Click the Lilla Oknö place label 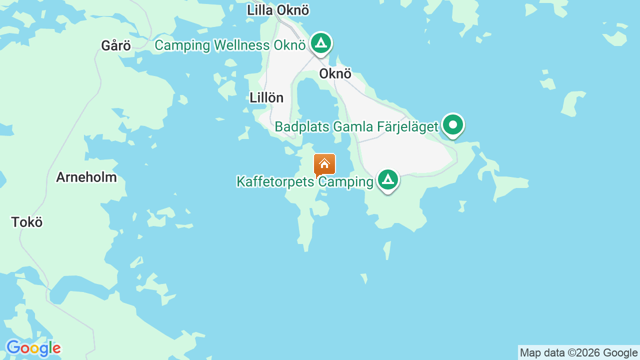278,10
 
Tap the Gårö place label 116,46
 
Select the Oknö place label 335,74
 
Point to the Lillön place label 266,98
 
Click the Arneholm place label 86,177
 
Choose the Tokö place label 27,222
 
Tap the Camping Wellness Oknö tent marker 321,43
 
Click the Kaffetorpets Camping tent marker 388,179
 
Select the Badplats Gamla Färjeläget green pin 453,124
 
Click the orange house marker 324,164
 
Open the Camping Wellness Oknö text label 230,45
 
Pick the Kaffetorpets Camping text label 305,182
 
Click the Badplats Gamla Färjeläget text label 356,127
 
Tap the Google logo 33,348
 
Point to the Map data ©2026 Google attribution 578,353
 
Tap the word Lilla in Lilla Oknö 259,10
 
